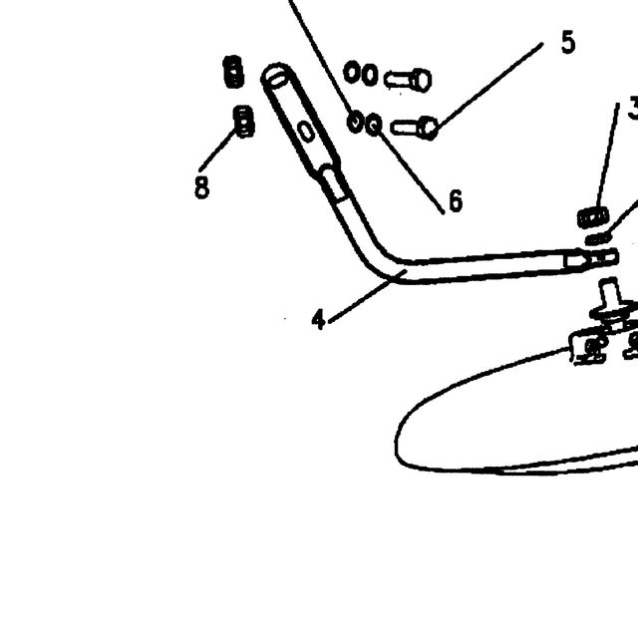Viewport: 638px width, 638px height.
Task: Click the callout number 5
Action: click(x=568, y=42)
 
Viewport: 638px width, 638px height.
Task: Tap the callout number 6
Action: click(x=456, y=200)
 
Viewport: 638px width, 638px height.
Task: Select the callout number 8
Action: click(x=201, y=187)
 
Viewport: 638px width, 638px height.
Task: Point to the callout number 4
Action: click(x=319, y=319)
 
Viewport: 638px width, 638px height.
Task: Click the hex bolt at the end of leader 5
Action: click(x=414, y=128)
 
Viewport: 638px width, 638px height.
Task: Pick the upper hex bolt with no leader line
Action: click(x=408, y=80)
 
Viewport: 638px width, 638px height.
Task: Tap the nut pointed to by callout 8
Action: click(x=243, y=122)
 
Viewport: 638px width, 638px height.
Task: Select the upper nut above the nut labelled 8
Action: click(x=234, y=72)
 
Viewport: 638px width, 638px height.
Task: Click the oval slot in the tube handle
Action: click(x=306, y=131)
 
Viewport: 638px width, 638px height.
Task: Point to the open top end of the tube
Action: click(x=276, y=76)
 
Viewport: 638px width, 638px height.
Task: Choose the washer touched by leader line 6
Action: click(x=374, y=125)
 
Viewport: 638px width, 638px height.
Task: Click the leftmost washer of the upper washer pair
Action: click(x=352, y=73)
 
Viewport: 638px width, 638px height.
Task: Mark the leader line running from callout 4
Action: click(x=368, y=296)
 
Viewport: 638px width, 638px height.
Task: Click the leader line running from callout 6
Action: click(x=411, y=170)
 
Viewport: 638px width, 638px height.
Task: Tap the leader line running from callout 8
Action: click(x=217, y=150)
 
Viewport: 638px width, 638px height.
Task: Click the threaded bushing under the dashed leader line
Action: click(x=593, y=217)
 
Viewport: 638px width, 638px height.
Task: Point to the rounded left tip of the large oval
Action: click(x=396, y=444)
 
